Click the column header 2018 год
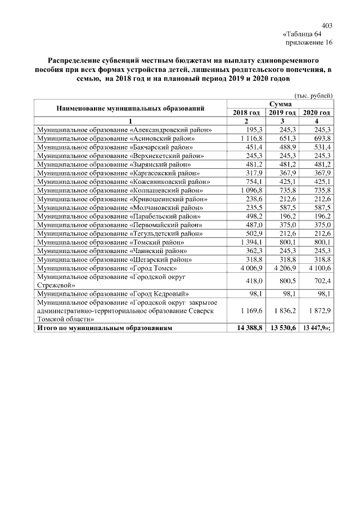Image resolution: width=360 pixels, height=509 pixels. [x=246, y=113]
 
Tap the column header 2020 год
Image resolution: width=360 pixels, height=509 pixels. [x=316, y=113]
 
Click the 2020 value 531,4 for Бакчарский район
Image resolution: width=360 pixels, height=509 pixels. [x=321, y=147]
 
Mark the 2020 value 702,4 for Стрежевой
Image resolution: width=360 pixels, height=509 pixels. [x=321, y=281]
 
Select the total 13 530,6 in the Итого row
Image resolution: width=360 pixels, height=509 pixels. [x=282, y=328]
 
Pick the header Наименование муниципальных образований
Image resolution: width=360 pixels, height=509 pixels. [x=129, y=108]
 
